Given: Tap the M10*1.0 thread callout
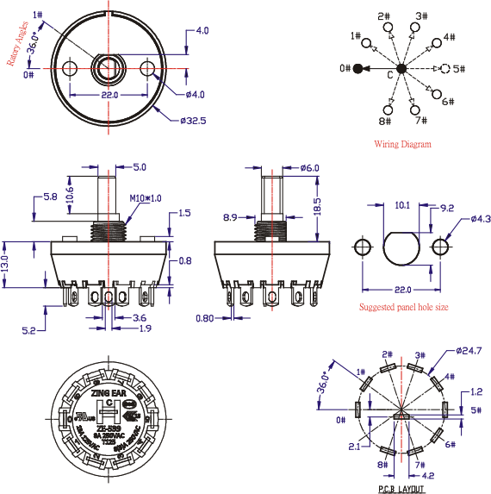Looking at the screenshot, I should pyautogui.click(x=146, y=198).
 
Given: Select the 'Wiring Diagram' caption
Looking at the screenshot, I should pyautogui.click(x=402, y=144).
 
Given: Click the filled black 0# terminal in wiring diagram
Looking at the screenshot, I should pyautogui.click(x=357, y=68).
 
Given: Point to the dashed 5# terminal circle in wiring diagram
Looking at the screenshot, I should pyautogui.click(x=445, y=68).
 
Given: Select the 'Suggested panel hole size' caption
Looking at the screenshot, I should pyautogui.click(x=403, y=307).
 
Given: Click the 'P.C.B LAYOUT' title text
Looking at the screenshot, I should pyautogui.click(x=401, y=488).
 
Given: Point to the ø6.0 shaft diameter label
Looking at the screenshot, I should pyautogui.click(x=310, y=167).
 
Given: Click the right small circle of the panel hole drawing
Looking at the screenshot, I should pyautogui.click(x=441, y=247).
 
